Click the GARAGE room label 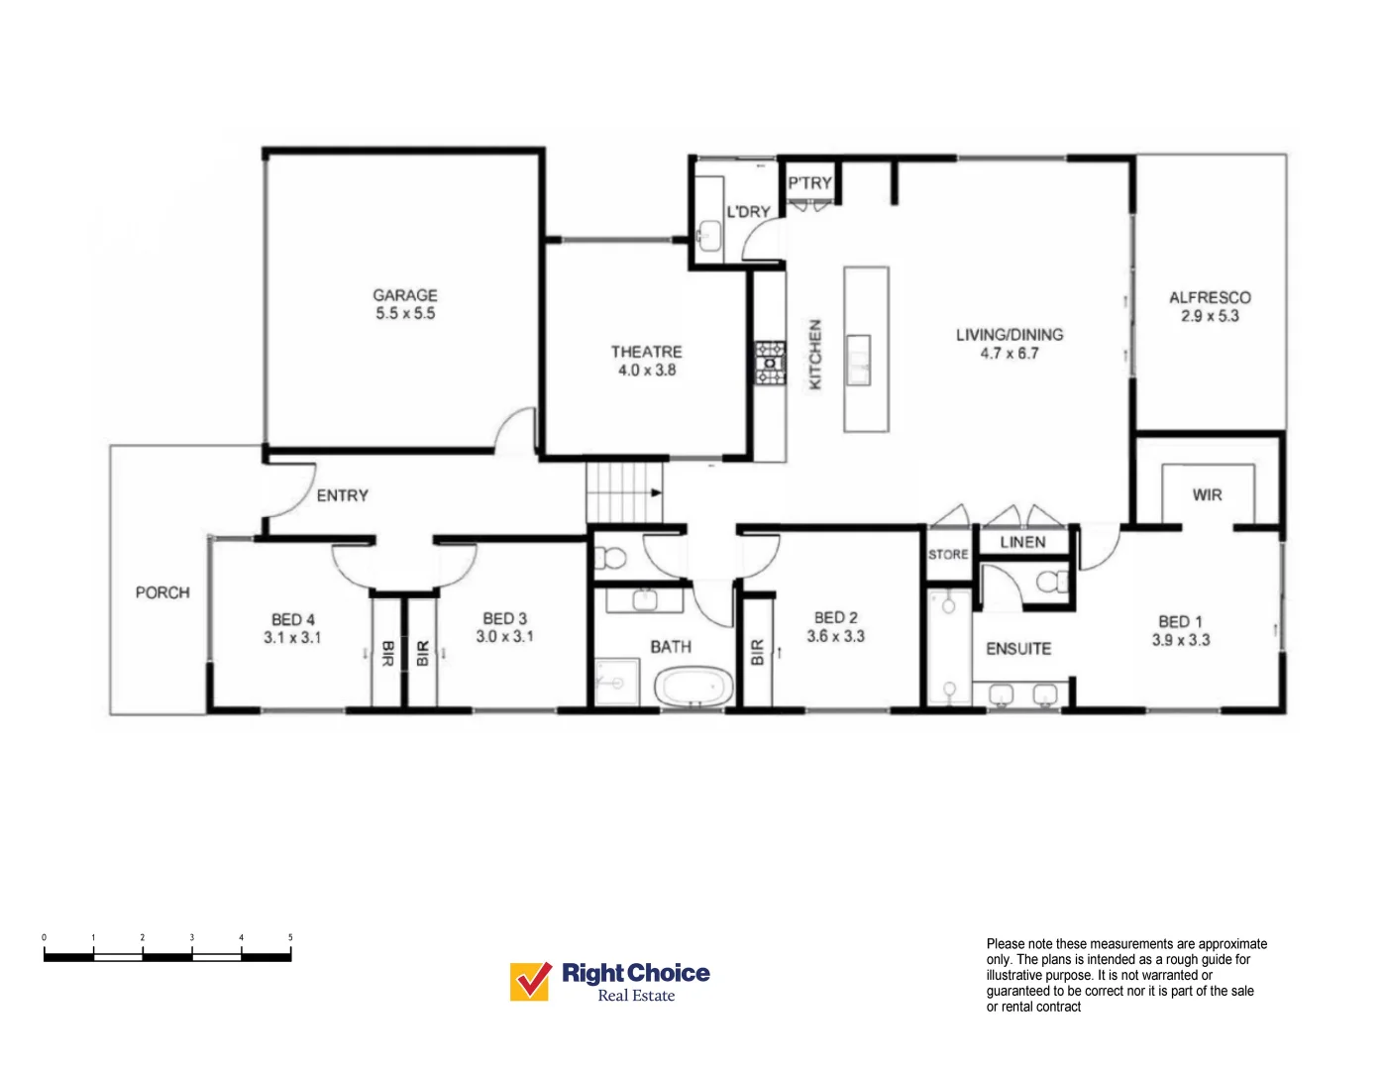click(404, 295)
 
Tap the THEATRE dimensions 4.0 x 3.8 click(646, 371)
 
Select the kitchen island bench click(866, 349)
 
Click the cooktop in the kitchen click(770, 364)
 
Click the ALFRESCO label click(1209, 297)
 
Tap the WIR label click(1207, 494)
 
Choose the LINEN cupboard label click(1022, 542)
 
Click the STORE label click(948, 555)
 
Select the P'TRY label click(809, 183)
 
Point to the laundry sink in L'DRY click(708, 234)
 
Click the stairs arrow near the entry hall click(655, 492)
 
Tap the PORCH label click(162, 592)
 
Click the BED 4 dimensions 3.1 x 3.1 click(292, 638)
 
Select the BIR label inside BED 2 click(758, 652)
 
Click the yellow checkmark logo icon click(531, 981)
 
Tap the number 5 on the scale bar click(290, 937)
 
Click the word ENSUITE click(1018, 649)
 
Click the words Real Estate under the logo click(636, 997)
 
